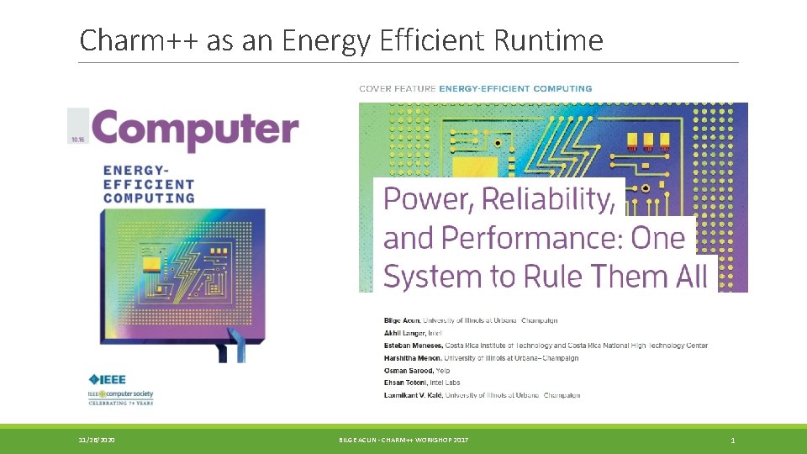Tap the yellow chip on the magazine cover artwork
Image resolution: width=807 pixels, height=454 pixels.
pyautogui.click(x=151, y=266)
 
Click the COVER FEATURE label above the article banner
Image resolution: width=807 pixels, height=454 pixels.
pyautogui.click(x=398, y=88)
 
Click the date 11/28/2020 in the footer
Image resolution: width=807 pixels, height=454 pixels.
pyautogui.click(x=98, y=440)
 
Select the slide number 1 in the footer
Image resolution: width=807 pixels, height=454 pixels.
pyautogui.click(x=733, y=440)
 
